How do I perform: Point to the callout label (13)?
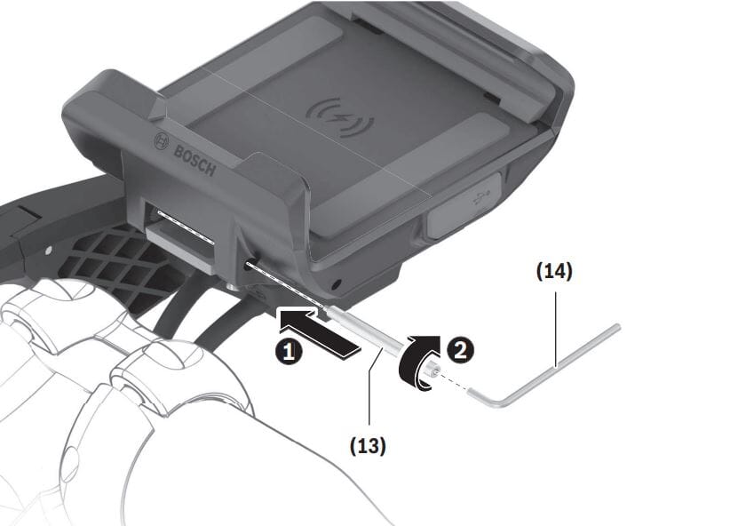(x=367, y=445)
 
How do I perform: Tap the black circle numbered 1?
(x=286, y=352)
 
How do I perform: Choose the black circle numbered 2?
(x=460, y=348)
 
